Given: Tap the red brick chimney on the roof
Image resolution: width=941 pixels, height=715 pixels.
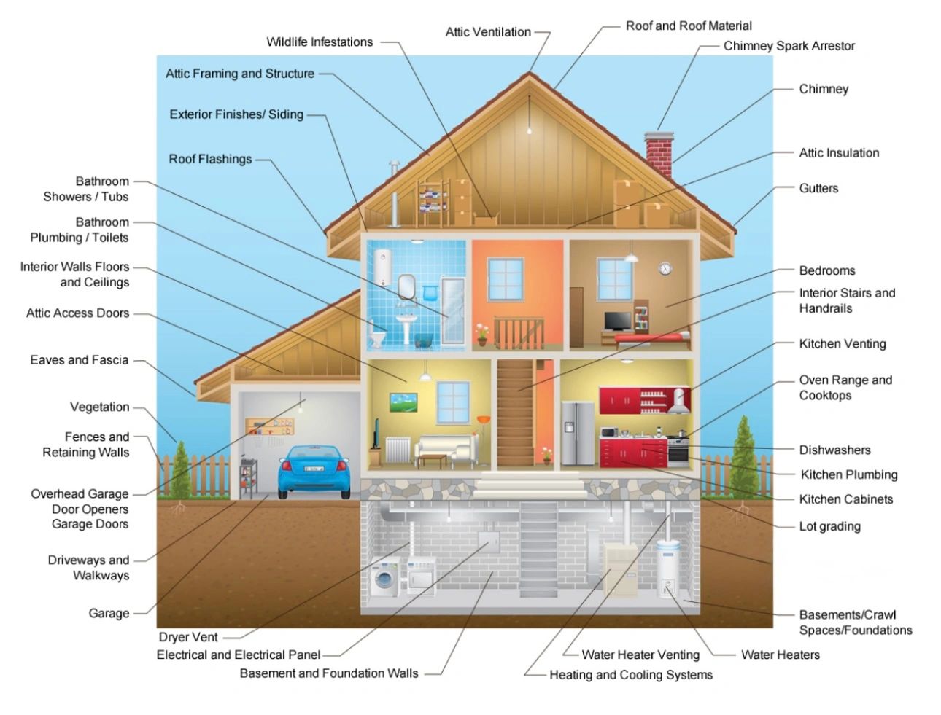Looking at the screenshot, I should click(x=659, y=153).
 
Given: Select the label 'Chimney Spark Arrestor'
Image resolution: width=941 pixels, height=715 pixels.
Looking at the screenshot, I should click(x=789, y=46).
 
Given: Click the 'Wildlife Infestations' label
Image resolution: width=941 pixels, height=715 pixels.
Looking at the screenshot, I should click(x=320, y=42).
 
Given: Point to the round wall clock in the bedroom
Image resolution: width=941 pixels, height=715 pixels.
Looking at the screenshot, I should click(x=665, y=268).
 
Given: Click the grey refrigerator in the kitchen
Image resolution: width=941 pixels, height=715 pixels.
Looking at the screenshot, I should click(x=578, y=434).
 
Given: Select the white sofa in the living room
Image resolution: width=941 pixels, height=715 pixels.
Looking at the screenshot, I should click(x=446, y=448).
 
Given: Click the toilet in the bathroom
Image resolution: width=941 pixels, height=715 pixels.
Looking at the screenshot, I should click(x=379, y=337).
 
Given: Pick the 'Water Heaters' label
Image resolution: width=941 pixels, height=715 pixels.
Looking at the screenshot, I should click(x=780, y=655).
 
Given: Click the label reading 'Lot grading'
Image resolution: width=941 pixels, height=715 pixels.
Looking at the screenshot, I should click(x=829, y=526).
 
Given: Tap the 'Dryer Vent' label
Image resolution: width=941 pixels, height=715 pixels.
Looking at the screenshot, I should click(x=188, y=637).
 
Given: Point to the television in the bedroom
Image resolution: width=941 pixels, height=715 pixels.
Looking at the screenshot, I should click(x=617, y=321).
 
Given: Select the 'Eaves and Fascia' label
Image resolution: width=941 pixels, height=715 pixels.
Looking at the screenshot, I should click(x=79, y=360).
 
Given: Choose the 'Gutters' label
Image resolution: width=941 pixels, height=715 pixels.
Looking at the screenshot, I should click(x=818, y=188).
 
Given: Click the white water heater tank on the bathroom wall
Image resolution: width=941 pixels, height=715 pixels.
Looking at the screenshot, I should click(x=382, y=267).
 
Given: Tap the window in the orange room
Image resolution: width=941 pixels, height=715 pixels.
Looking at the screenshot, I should click(x=505, y=278).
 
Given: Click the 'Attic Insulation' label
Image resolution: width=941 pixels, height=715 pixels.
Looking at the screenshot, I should click(x=839, y=153).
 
